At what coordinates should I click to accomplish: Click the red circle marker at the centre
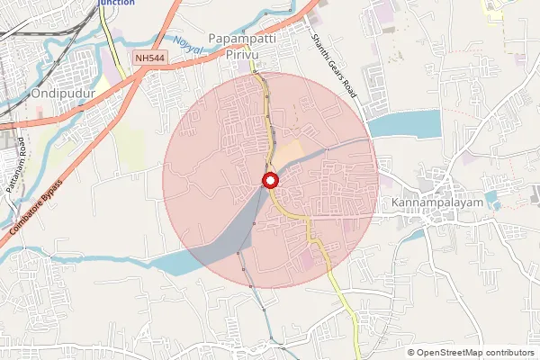[x=269, y=181]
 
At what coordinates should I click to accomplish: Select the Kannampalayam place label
[x=432, y=204]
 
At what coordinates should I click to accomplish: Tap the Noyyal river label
[x=189, y=42]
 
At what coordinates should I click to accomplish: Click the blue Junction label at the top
[x=116, y=4]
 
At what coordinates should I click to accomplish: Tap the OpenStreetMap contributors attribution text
[x=475, y=353]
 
